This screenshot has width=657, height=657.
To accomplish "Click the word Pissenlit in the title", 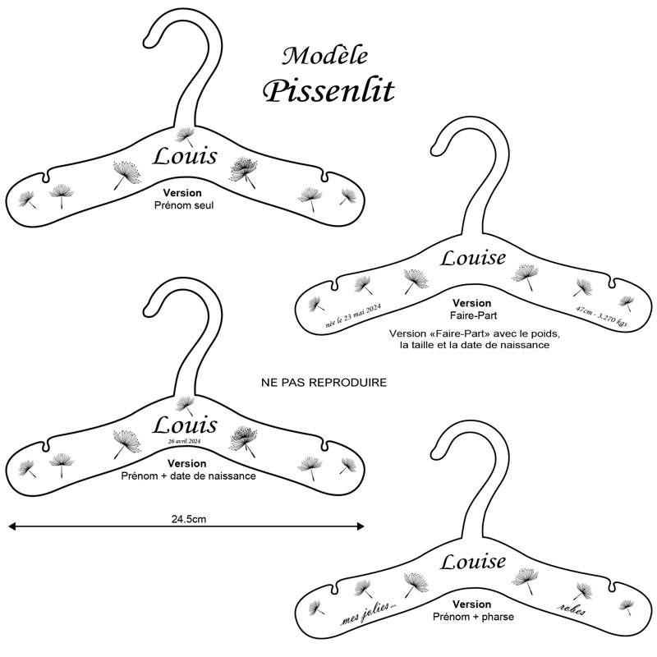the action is [x=328, y=91].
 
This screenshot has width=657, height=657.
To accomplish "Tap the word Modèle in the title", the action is [x=325, y=56].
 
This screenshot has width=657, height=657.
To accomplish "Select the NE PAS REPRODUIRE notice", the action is [x=324, y=383].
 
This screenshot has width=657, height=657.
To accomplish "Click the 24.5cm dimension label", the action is [x=189, y=519].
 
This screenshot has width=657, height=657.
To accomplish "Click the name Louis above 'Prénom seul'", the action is [x=185, y=156].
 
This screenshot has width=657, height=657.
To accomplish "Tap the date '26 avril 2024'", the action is [x=184, y=441].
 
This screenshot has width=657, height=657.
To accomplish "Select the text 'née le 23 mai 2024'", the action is [x=353, y=315].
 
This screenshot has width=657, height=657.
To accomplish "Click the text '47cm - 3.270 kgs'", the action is [x=602, y=316].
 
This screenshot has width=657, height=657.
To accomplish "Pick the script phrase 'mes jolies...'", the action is [x=368, y=613].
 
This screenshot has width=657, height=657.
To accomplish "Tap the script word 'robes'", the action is [x=572, y=609].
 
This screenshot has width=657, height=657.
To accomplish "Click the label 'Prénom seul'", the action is [x=184, y=205].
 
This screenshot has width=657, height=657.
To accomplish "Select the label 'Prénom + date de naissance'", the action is [x=188, y=476].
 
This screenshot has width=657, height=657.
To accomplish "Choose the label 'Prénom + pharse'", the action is [x=473, y=617].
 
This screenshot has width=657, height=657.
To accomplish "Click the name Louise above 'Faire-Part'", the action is [x=473, y=258].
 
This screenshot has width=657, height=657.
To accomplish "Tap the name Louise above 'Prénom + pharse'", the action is [x=473, y=562].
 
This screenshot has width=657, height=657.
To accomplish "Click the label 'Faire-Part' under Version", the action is [x=474, y=315].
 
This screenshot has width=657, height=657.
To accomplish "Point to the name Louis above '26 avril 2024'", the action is [x=185, y=425].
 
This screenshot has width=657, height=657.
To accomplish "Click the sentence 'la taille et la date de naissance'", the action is [x=475, y=345].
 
